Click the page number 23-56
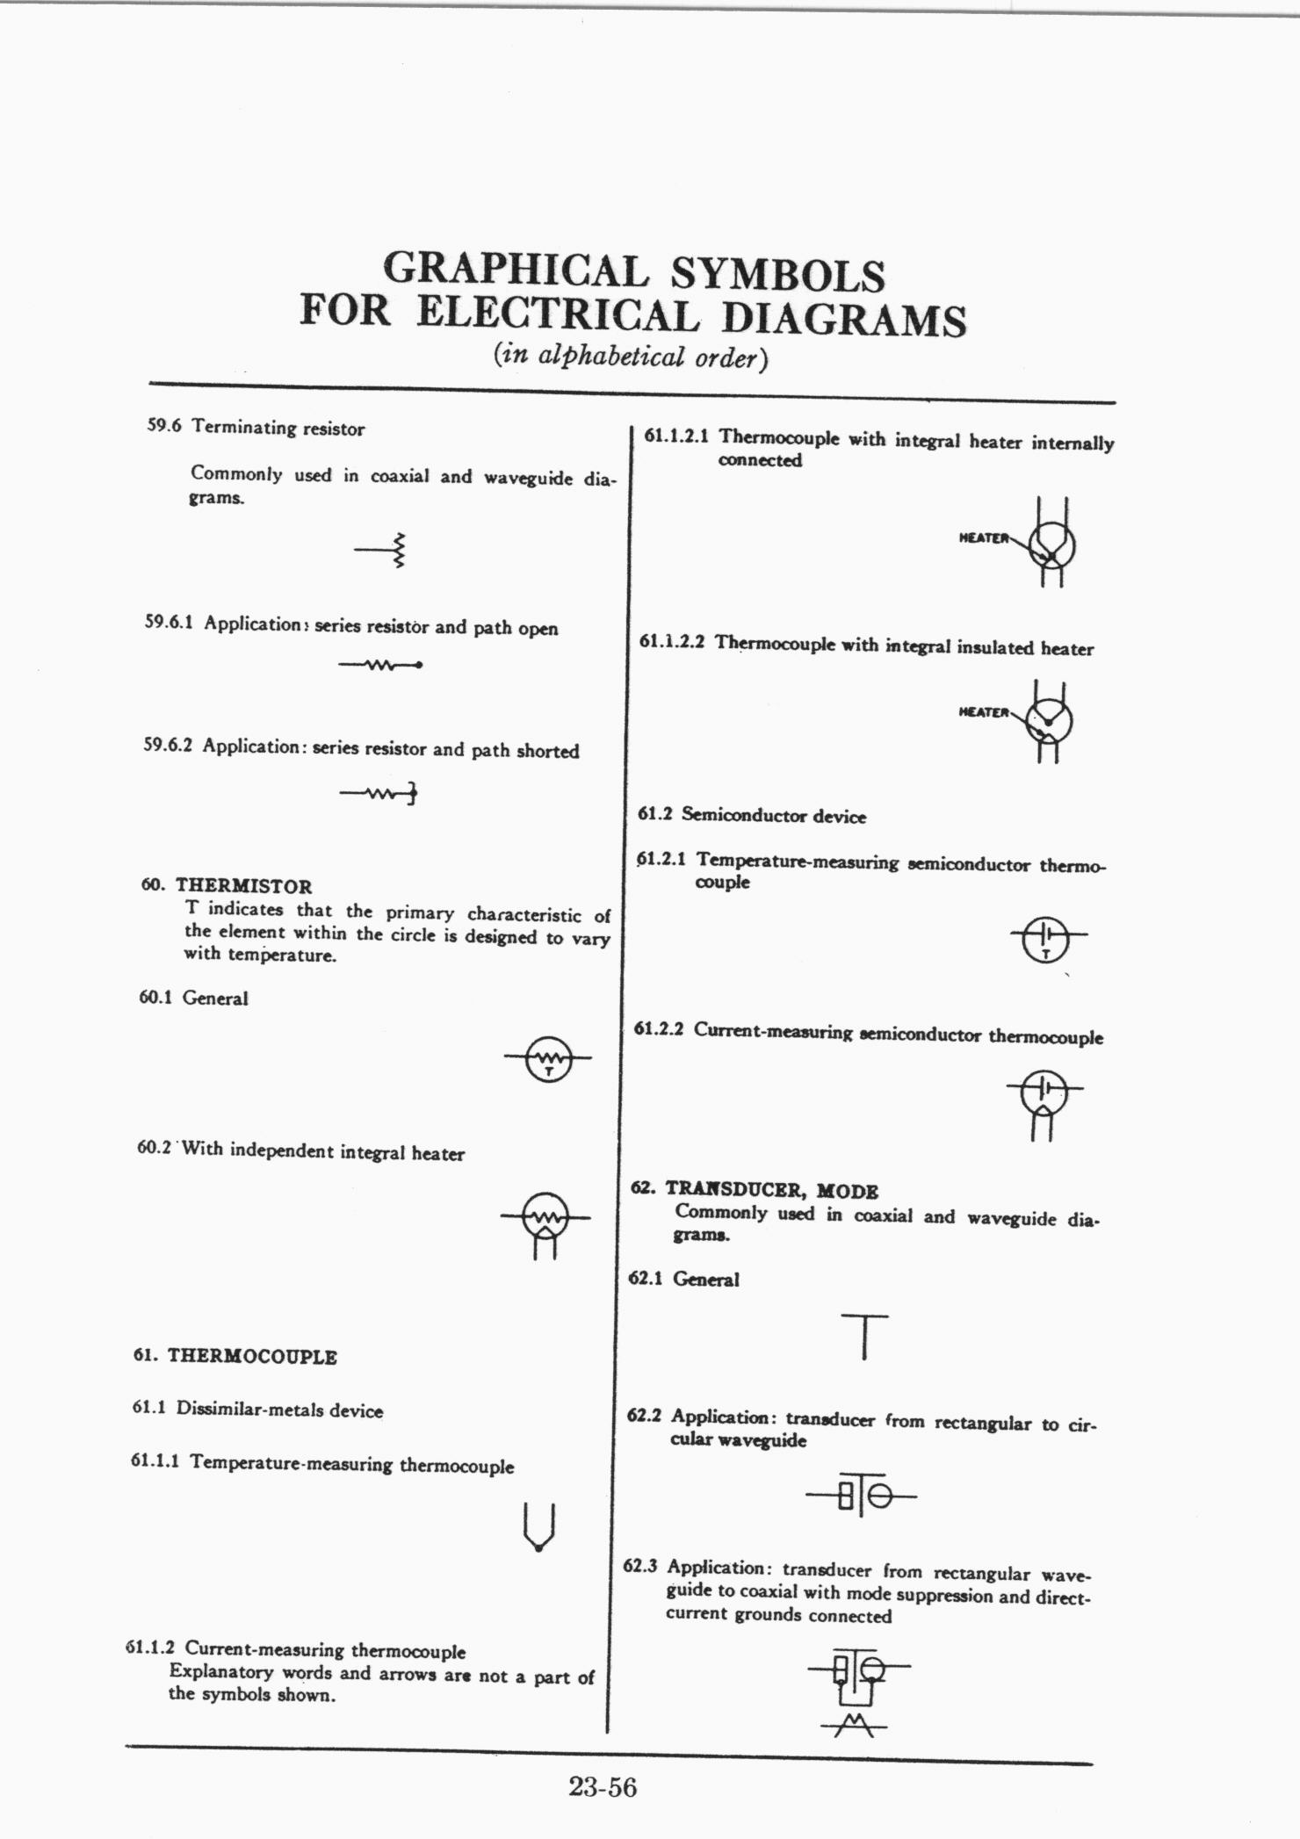click(x=602, y=1786)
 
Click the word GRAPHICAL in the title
click(x=516, y=270)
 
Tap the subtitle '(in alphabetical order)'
click(x=631, y=357)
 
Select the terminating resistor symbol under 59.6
click(x=382, y=551)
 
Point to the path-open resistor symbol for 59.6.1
click(x=380, y=665)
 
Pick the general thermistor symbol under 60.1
click(x=548, y=1058)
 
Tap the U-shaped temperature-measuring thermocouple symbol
click(x=538, y=1528)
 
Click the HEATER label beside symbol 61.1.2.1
click(x=983, y=537)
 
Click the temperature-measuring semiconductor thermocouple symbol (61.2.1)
click(x=1046, y=939)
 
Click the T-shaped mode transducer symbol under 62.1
click(x=864, y=1336)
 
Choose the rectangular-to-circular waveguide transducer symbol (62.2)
click(x=861, y=1495)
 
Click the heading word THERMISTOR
click(x=243, y=886)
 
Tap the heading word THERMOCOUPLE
click(x=252, y=1356)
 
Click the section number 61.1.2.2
click(x=672, y=642)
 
